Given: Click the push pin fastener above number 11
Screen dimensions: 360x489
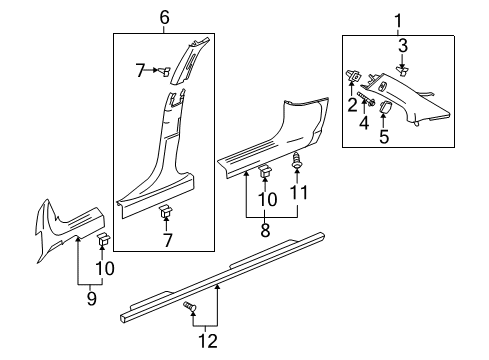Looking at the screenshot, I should click(296, 161).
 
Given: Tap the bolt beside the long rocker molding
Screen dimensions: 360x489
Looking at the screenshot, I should click(189, 309).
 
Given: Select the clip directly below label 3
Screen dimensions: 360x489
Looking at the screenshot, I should click(403, 69).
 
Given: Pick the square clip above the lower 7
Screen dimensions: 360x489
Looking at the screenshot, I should click(165, 211).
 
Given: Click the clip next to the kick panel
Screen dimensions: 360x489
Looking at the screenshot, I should click(103, 268).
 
